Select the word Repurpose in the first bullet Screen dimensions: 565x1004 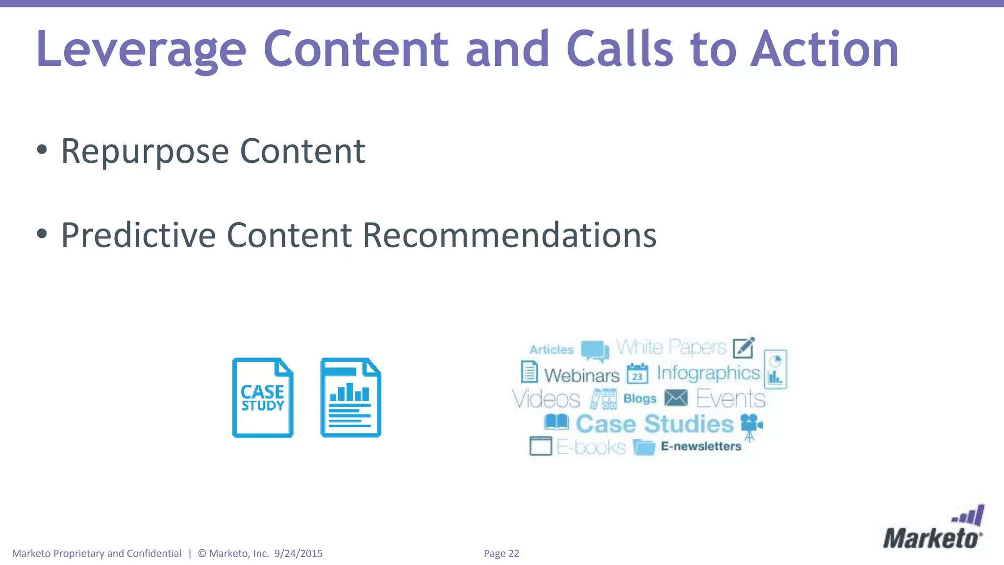click(x=145, y=151)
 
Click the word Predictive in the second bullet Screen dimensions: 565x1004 click(x=138, y=235)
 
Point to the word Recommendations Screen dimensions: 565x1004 click(x=509, y=235)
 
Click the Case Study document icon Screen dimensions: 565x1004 click(x=263, y=398)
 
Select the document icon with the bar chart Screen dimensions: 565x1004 click(x=351, y=398)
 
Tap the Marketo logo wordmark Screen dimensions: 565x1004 click(x=931, y=538)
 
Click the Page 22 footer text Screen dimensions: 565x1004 click(x=501, y=554)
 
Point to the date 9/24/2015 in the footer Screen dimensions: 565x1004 click(x=298, y=554)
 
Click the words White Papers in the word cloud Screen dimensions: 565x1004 click(x=671, y=347)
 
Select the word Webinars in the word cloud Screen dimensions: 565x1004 click(x=582, y=376)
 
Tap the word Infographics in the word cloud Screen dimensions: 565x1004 click(x=708, y=373)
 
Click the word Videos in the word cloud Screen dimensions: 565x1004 click(x=546, y=399)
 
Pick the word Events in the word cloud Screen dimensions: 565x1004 click(x=730, y=399)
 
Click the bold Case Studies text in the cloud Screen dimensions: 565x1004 click(x=654, y=424)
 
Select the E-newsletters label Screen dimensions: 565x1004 click(x=701, y=446)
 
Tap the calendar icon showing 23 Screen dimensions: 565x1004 click(x=637, y=374)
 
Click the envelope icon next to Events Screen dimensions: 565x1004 click(x=676, y=398)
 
